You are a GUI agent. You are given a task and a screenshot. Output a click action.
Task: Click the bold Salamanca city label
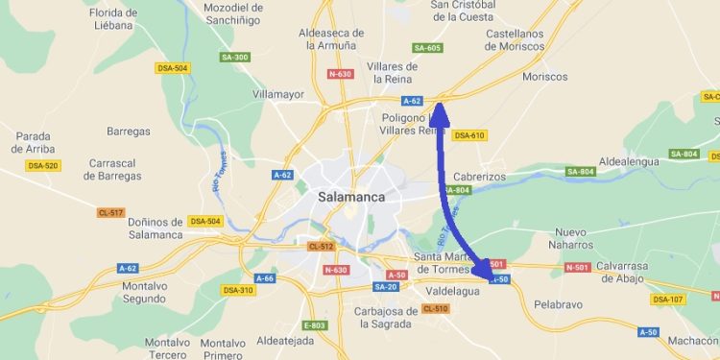pos(350,197)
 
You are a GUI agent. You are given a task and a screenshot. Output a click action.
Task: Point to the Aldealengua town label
pos(629,161)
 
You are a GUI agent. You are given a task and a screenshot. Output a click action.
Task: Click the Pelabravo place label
pos(559,303)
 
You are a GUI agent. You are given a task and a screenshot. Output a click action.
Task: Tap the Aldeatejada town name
pos(287,340)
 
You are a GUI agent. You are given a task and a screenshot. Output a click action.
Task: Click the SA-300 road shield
pos(234,58)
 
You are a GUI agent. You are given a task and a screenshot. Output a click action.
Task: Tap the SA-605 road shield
pos(427,48)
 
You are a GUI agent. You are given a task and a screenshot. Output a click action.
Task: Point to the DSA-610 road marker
pos(469,135)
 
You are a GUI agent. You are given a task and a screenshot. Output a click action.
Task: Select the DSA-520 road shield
pos(43,166)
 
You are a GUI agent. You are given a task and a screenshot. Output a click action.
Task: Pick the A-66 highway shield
pos(265,278)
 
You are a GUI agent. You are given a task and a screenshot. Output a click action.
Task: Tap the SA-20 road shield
pos(386,287)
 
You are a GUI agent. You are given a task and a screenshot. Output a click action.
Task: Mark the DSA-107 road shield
pos(668,299)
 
